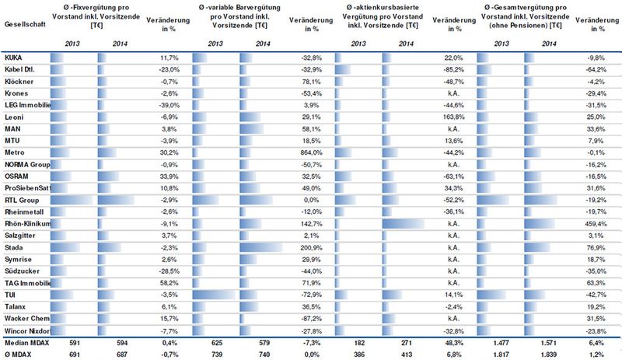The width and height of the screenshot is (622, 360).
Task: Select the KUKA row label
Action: [13, 58]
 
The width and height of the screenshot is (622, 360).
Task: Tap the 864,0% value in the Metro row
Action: [301, 153]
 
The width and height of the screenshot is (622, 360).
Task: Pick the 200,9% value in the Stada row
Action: [301, 248]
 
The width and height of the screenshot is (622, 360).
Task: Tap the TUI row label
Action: [11, 295]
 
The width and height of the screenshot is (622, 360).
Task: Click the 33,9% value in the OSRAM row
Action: [158, 177]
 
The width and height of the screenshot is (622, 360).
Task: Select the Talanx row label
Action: [15, 307]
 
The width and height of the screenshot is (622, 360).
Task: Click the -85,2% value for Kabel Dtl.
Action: [449, 70]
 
